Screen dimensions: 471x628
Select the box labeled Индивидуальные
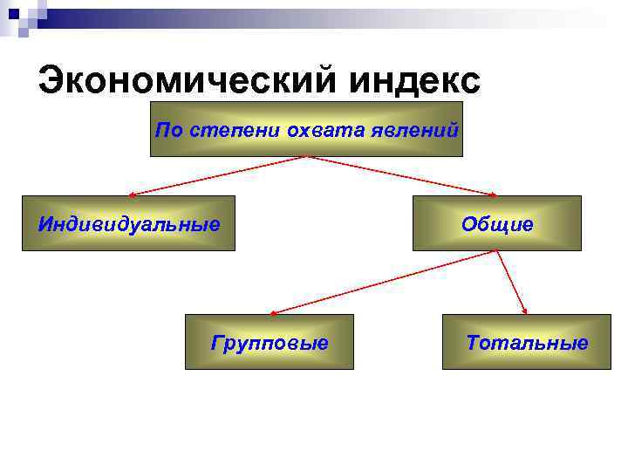[128, 223]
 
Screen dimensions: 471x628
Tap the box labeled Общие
[496, 223]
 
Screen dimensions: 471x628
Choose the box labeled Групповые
[270, 342]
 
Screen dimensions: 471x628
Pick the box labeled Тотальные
[526, 342]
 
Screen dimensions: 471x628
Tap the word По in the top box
[166, 131]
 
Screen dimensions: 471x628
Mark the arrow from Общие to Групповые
[384, 282]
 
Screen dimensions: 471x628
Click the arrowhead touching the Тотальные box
[526, 311]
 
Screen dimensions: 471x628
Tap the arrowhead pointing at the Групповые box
[274, 311]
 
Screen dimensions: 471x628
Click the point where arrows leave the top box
[306, 157]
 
